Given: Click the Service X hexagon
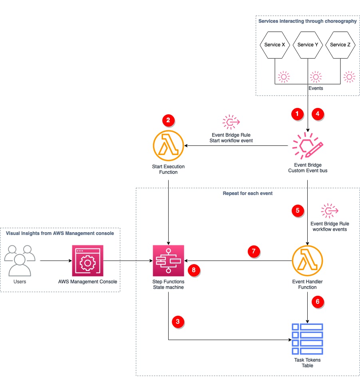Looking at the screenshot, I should click(x=274, y=45).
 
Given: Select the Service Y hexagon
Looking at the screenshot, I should click(x=308, y=45).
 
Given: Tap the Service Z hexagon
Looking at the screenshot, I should click(x=340, y=45).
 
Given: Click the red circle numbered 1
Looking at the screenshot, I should click(x=297, y=114).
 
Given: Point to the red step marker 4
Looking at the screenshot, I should click(x=318, y=114).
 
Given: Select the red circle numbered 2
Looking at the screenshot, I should click(x=168, y=120).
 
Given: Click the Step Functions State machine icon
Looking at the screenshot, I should click(x=168, y=261).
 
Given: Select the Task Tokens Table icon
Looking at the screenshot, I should click(x=307, y=339).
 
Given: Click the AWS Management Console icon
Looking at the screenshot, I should click(x=88, y=261).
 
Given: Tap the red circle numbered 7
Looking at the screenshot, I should click(x=253, y=252).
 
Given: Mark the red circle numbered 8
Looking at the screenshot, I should click(x=194, y=271).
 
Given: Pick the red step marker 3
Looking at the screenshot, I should click(x=178, y=321).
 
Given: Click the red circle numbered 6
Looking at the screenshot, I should click(x=318, y=302).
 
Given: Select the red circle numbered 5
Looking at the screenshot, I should click(x=297, y=211).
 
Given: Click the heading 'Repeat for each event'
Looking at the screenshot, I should click(x=248, y=193).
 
